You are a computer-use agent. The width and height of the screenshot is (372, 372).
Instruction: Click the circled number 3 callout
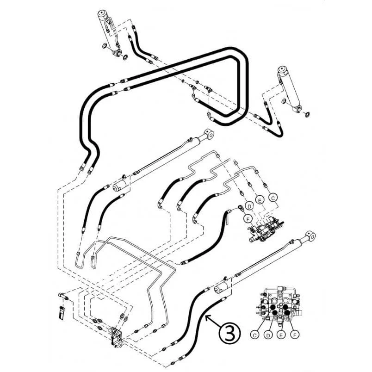coord(229,333)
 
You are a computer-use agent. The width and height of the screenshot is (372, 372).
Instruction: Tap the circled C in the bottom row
coord(255,335)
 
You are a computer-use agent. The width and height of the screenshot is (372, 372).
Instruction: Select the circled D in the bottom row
coord(268,335)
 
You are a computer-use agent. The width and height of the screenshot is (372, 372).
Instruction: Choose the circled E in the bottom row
coord(281,335)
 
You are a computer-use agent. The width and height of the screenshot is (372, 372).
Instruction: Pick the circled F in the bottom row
coord(295,335)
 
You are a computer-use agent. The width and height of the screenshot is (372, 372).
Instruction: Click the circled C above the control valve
coord(273,198)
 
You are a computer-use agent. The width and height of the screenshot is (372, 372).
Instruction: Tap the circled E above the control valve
coord(260,200)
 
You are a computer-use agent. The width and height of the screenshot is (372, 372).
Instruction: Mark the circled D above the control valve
coord(249,206)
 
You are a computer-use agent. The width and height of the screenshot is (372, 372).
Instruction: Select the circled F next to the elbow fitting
coord(248,218)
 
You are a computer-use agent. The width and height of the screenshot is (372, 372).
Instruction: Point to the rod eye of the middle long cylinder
coord(209,134)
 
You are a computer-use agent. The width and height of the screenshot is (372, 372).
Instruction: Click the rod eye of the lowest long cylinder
coord(310,236)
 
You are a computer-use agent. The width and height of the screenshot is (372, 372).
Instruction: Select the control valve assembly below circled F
coord(266,229)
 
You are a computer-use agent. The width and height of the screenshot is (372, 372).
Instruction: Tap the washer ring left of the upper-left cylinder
coord(105,46)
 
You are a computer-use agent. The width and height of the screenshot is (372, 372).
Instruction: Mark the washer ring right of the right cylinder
coord(307,115)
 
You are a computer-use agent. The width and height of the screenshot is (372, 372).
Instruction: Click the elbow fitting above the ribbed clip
coord(62,296)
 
